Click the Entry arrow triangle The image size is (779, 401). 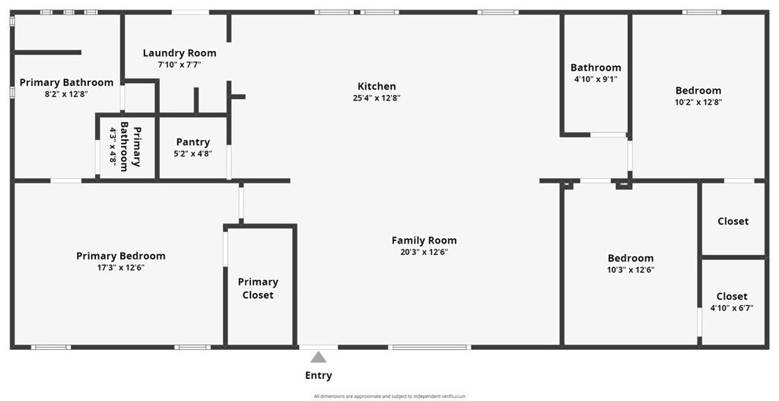[x=319, y=357]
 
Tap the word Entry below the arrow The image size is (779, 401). [x=319, y=375]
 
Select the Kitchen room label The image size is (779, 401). [x=377, y=86]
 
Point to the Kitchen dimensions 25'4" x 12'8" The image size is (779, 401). [x=377, y=98]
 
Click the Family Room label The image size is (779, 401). [x=424, y=240]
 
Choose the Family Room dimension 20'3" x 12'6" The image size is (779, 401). [x=424, y=253]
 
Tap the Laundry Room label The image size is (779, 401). [x=180, y=53]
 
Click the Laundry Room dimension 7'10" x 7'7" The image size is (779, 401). [x=180, y=65]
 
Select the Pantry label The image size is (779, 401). [x=192, y=142]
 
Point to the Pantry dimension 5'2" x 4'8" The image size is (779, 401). [x=192, y=154]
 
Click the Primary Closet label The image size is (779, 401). [x=258, y=288]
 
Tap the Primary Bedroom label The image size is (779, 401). [x=120, y=256]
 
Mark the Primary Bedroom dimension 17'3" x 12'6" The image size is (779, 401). [x=120, y=268]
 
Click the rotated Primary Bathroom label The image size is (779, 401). [x=131, y=146]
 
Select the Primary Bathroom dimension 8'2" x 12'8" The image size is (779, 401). [x=66, y=94]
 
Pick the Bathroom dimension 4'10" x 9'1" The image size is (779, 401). [x=596, y=79]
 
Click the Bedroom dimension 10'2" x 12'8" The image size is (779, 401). [x=698, y=102]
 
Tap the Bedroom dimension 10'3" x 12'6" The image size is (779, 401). [x=630, y=269]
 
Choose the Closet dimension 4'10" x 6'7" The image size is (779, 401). [x=731, y=308]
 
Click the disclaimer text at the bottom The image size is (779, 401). [x=389, y=396]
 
